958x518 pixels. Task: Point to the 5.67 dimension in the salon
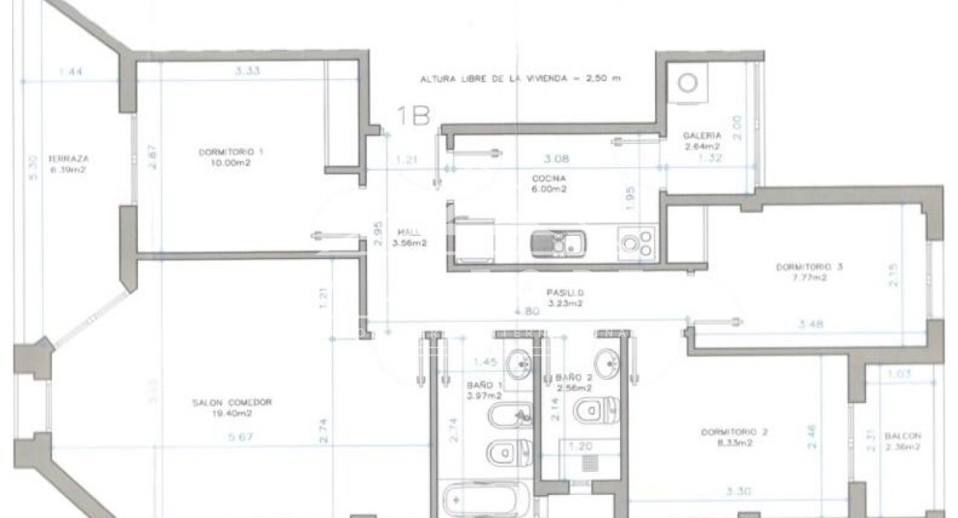(x=241, y=437)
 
